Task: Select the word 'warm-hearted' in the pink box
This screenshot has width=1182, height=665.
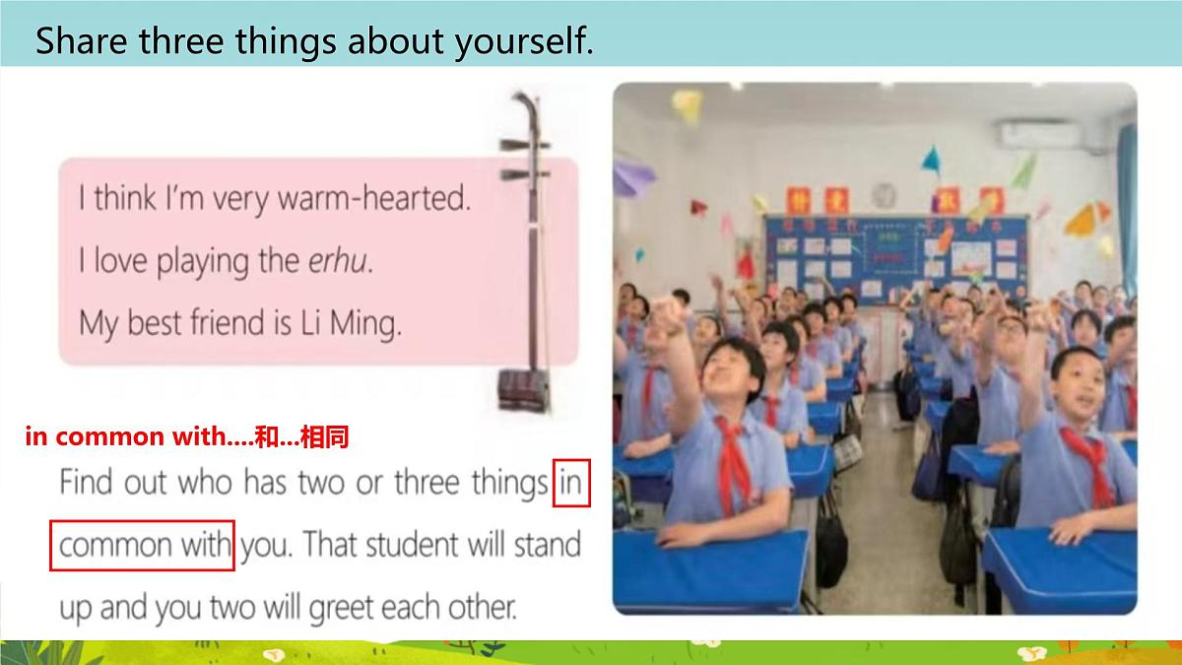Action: (x=374, y=199)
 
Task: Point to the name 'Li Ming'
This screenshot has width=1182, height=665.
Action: (x=351, y=323)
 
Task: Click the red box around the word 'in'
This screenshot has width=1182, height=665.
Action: (x=571, y=483)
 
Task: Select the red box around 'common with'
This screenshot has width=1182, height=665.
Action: (x=142, y=545)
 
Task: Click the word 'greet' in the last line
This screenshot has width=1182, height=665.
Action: (x=345, y=607)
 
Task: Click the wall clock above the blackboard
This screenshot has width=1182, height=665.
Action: (x=884, y=192)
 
